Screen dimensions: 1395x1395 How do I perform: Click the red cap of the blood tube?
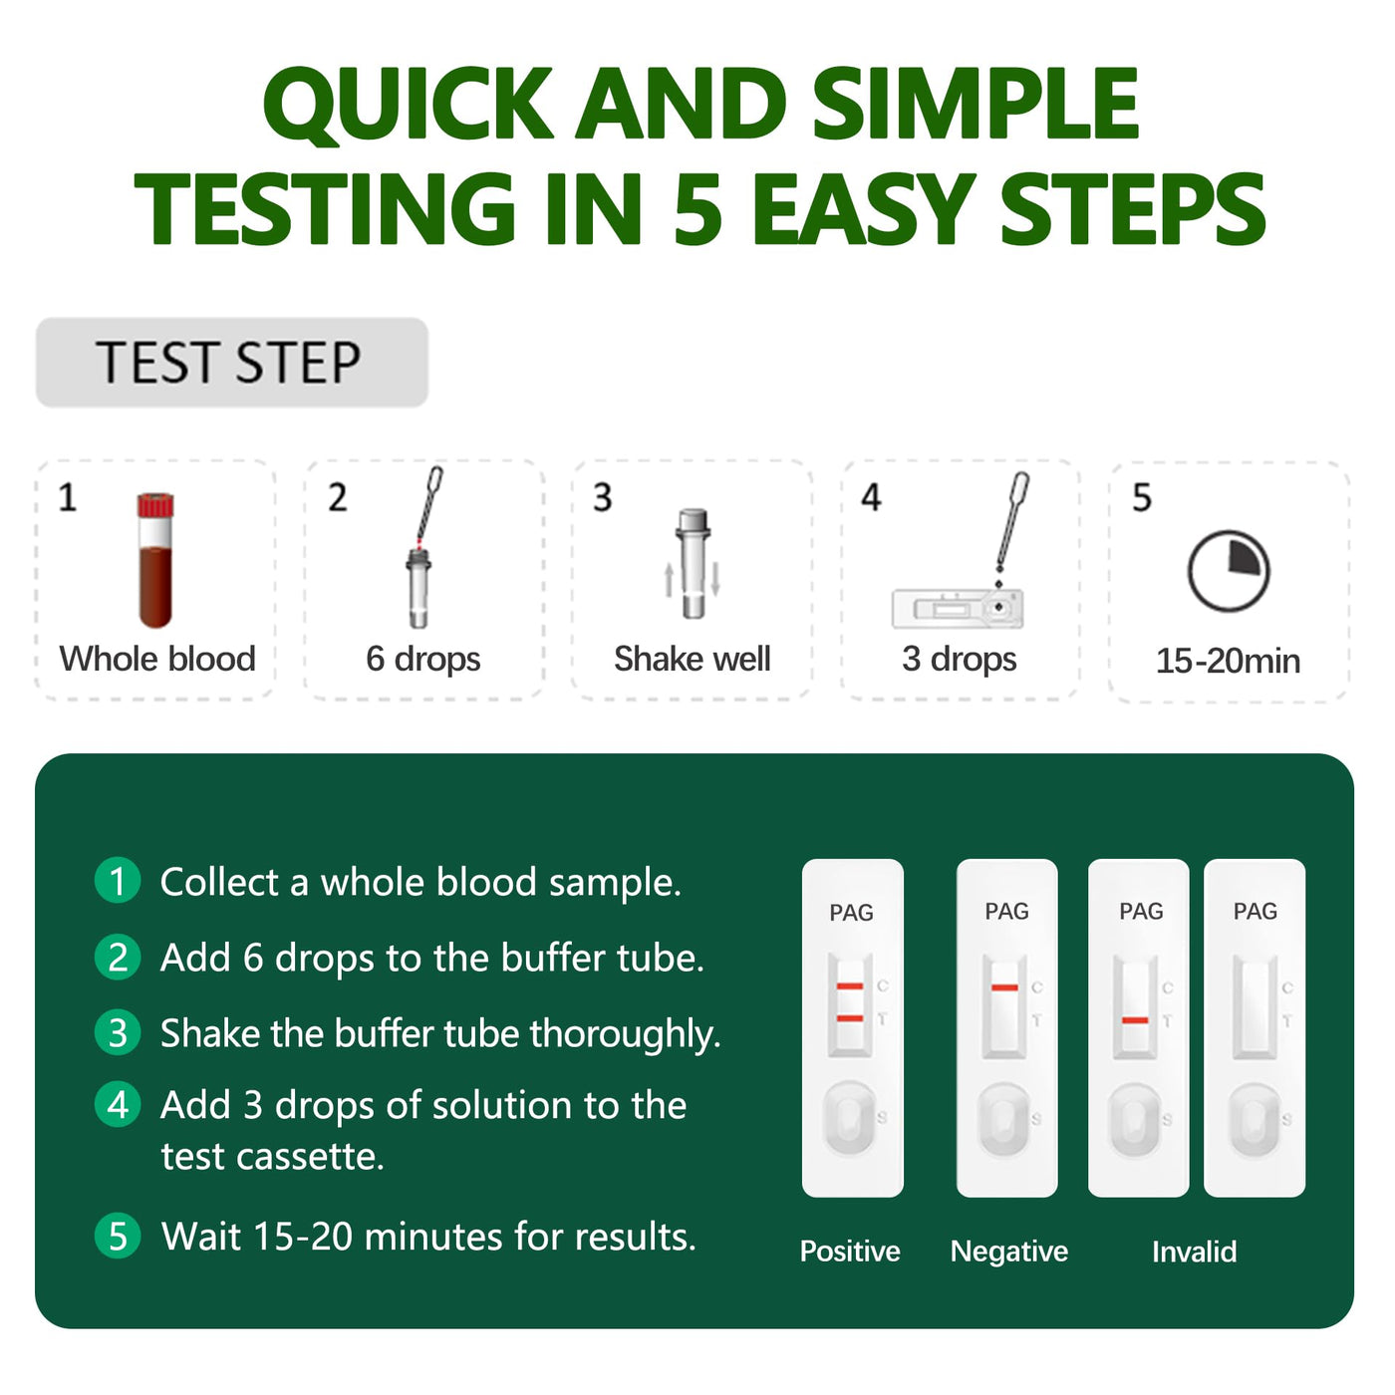pos(155,505)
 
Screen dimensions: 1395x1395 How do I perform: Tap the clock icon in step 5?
pos(1228,571)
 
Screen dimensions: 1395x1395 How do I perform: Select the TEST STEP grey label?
pos(231,362)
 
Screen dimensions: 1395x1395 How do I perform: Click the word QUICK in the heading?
pos(409,104)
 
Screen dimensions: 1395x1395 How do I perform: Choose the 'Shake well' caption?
pos(693,659)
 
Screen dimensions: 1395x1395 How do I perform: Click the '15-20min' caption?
pos(1228,661)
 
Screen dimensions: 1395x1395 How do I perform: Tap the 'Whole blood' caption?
pos(157,659)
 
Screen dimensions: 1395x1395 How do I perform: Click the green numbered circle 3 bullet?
pos(118,1032)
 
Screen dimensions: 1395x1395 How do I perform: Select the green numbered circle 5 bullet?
pos(118,1236)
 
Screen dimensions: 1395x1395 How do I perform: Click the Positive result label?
pos(850,1251)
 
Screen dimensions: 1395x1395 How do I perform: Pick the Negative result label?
pos(1009,1252)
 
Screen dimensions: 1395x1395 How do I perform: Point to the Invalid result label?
pos(1194,1252)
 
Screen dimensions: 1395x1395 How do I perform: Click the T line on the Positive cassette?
pos(850,1018)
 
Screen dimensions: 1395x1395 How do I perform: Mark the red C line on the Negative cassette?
pos(1004,987)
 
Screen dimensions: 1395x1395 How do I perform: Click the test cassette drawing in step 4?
pos(958,608)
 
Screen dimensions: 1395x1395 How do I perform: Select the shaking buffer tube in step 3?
pos(693,564)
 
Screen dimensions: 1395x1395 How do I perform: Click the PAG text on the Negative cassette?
pos(1006,911)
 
